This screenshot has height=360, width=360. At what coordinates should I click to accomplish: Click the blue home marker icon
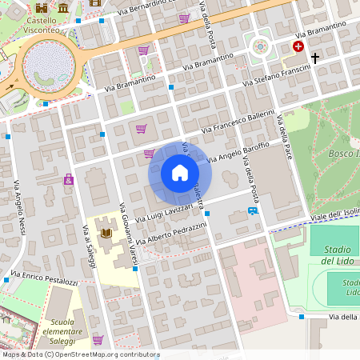tap(180, 173)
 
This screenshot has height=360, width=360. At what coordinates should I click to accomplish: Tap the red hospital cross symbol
tap(298, 47)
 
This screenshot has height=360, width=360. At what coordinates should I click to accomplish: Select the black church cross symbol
tap(315, 58)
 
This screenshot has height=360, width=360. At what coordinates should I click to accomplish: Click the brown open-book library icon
tap(106, 233)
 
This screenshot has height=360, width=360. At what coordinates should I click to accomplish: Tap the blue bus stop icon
tap(253, 211)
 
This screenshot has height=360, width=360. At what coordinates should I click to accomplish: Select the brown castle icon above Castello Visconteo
tap(95, 2)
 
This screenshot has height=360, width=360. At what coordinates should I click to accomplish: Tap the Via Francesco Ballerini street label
tap(238, 120)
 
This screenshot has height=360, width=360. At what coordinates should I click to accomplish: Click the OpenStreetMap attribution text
tap(80, 354)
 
